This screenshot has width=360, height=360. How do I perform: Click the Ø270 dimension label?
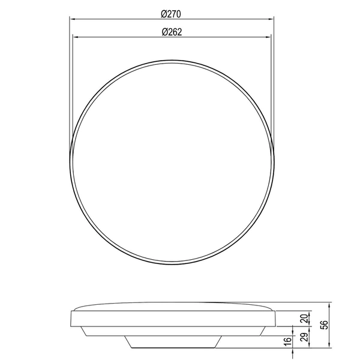(x=172, y=13)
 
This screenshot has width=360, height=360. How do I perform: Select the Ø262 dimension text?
(x=172, y=32)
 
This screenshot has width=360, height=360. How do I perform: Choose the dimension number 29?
(x=304, y=337)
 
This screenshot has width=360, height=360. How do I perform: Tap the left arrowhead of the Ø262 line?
(x=74, y=38)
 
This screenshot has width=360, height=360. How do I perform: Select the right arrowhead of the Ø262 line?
(x=270, y=38)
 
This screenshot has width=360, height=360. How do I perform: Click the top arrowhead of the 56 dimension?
(x=331, y=303)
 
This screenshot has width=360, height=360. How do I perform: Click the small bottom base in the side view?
(x=172, y=342)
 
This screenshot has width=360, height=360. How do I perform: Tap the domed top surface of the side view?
(x=172, y=305)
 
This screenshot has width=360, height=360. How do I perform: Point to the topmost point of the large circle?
(x=172, y=60)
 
